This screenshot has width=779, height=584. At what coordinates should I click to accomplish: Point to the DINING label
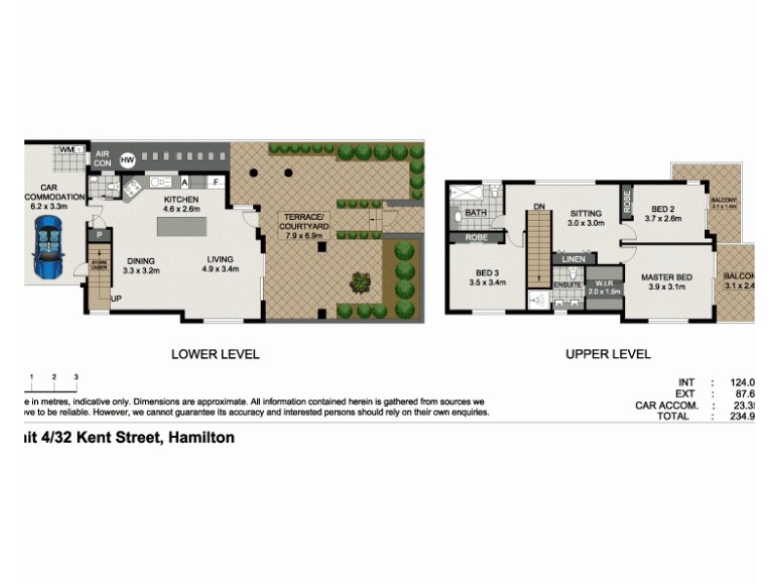[141, 260]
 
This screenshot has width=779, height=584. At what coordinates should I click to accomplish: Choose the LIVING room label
[222, 259]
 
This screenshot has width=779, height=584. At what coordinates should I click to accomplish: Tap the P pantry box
[97, 235]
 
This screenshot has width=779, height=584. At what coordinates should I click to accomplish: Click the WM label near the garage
[67, 150]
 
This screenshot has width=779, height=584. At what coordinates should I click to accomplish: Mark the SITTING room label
[586, 213]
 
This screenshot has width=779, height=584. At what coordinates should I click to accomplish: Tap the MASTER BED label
[667, 278]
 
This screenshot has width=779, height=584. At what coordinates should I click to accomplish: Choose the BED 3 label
[487, 273]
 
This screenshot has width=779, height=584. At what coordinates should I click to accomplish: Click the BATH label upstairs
[476, 212]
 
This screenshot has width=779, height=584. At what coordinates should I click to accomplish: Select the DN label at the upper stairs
[538, 206]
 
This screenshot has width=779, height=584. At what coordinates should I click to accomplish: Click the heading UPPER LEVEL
[608, 354]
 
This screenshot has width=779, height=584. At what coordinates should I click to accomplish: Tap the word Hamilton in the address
[202, 438]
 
